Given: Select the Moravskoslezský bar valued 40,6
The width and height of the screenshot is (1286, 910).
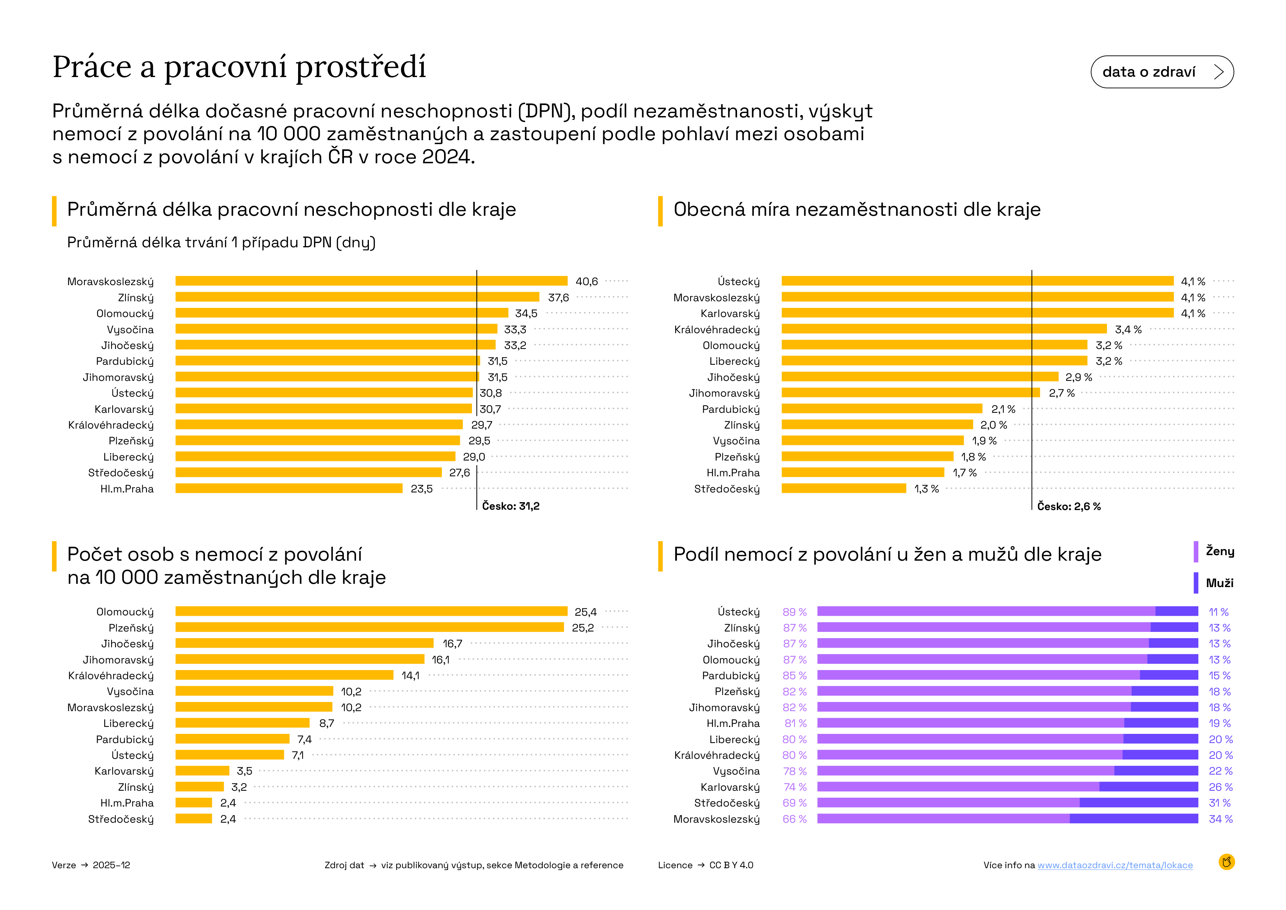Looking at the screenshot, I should click(371, 281).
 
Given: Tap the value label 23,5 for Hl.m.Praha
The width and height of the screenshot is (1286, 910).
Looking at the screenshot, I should click(421, 489).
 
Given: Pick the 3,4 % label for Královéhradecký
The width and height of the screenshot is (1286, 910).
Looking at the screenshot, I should click(1128, 330).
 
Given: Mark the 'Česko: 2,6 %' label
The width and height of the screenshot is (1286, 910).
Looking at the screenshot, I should click(1068, 506).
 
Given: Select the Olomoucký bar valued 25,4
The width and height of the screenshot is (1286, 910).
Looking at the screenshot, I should click(371, 611).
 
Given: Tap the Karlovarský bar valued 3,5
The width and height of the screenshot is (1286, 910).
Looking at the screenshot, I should click(202, 771).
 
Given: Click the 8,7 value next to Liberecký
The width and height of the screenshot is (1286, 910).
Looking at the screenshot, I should click(326, 723).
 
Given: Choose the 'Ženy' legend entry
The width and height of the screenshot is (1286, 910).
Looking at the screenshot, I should click(1219, 552).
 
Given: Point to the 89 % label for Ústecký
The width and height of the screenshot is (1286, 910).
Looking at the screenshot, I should click(794, 612).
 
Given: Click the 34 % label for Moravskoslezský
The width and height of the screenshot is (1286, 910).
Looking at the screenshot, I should click(1220, 819).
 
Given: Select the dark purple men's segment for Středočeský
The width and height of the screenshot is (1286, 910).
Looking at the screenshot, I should click(1138, 803).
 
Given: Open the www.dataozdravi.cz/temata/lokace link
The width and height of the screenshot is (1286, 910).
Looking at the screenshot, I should click(1115, 865).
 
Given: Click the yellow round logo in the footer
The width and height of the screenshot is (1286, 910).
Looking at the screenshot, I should click(1226, 862).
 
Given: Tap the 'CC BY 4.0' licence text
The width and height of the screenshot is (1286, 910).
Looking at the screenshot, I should click(731, 865).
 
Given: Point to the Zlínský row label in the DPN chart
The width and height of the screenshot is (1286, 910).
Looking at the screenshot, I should click(136, 298).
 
